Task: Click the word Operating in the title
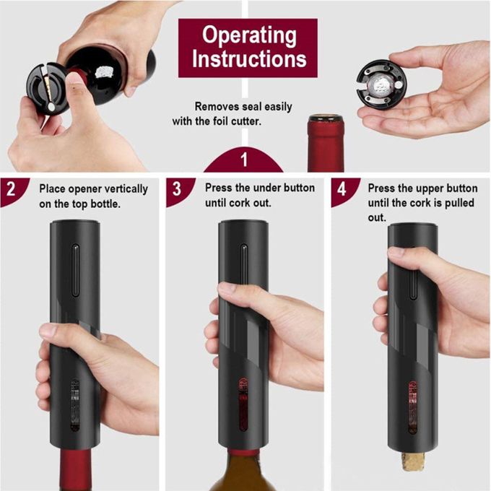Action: point(249,35)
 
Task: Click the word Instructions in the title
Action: point(249,59)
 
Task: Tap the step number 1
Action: point(244,160)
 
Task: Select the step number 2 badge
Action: point(12,189)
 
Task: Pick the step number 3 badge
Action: point(177,189)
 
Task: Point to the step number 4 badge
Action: point(342,189)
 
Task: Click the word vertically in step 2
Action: point(126,189)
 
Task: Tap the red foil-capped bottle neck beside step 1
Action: point(325,143)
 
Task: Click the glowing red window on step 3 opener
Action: point(243,405)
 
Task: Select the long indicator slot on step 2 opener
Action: point(76,270)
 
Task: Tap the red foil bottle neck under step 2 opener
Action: point(75,470)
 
